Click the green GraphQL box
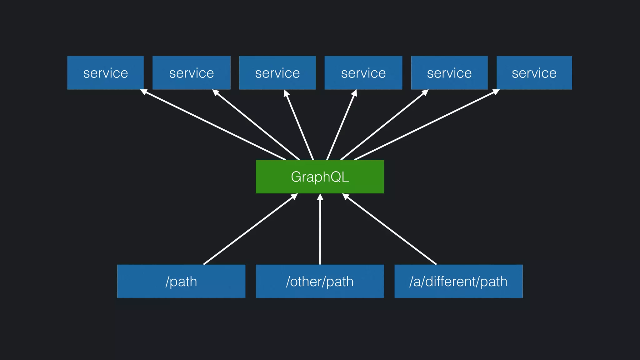pos(320,177)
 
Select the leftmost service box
pos(105,73)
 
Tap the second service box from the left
pos(191,73)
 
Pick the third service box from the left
pos(277,73)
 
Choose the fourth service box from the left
pos(363,73)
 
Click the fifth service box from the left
pos(449,73)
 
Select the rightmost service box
pos(534,73)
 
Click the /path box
pos(181,281)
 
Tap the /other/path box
pos(320,281)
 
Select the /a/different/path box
pos(458,281)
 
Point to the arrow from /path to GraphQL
pos(250,229)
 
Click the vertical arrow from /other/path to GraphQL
pos(320,231)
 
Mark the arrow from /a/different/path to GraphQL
pos(390,229)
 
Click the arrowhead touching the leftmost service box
pos(144,92)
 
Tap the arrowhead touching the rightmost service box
pos(496,92)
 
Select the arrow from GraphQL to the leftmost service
pos(214,125)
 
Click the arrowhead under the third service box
pos(286,93)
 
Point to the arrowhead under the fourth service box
pos(354,93)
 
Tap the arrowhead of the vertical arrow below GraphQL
pos(320,197)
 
